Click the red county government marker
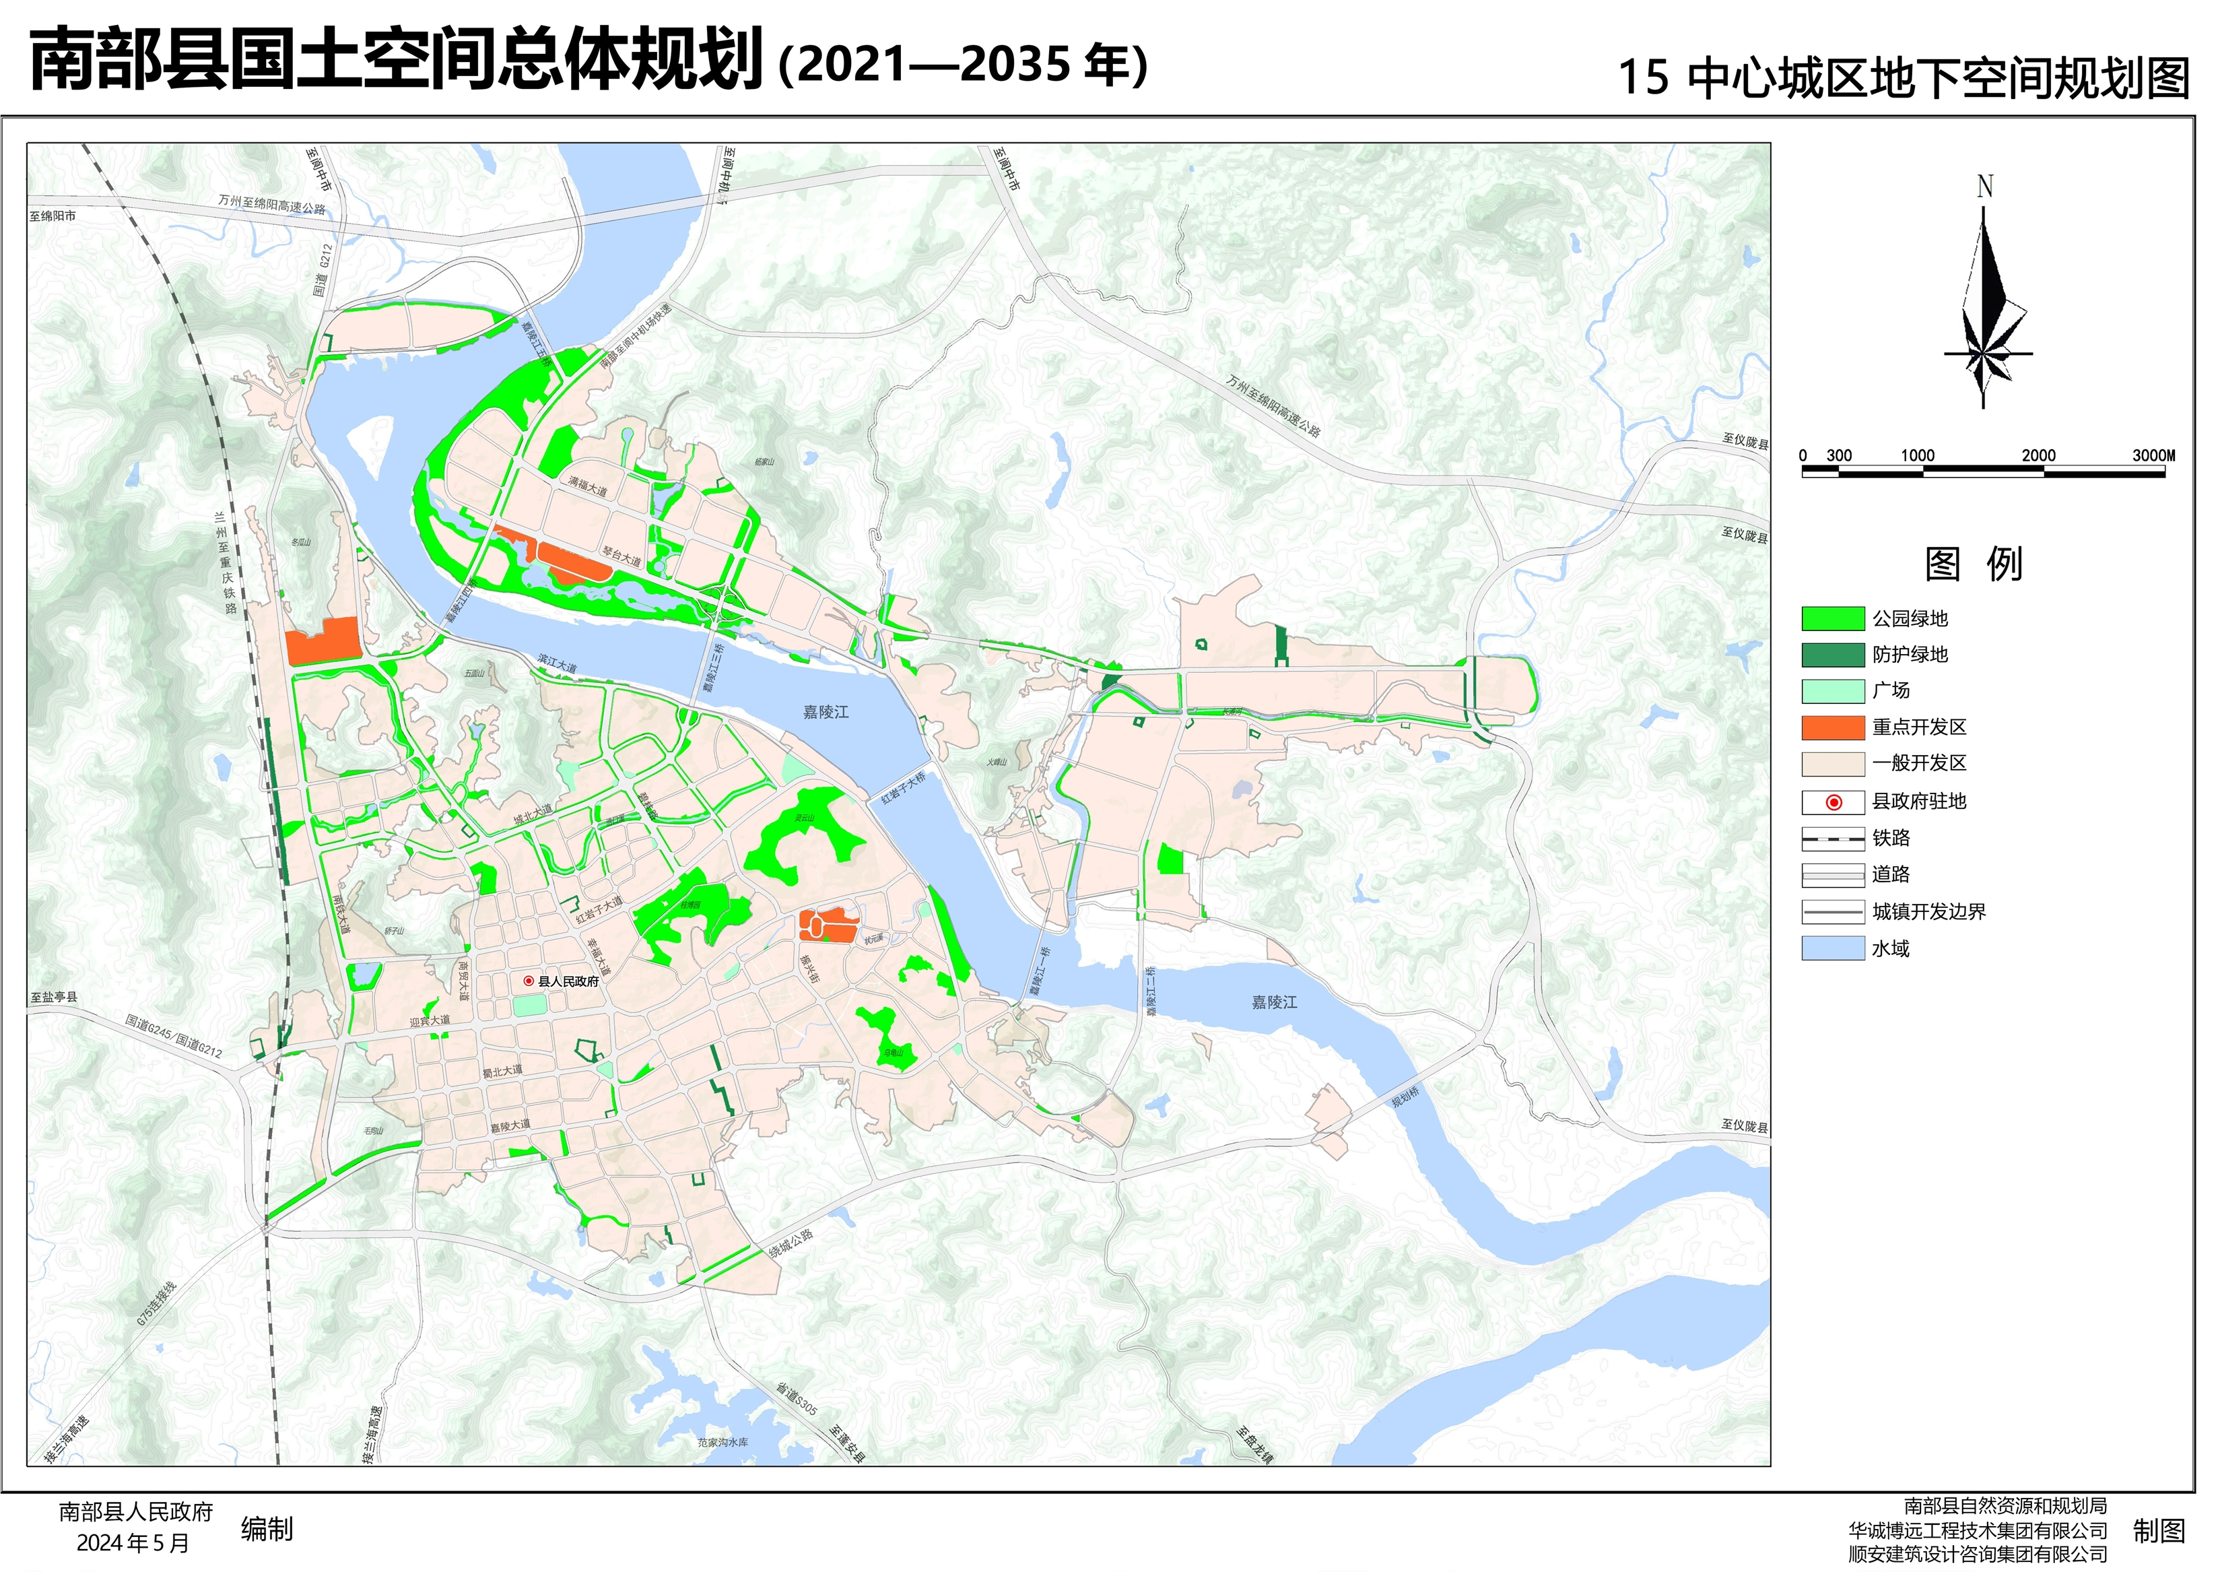[529, 981]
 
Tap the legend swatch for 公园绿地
[1832, 618]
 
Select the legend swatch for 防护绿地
[1832, 655]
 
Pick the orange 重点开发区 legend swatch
[1832, 727]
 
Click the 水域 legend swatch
[1832, 948]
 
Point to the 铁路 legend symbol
[1832, 839]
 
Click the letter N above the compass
[1984, 186]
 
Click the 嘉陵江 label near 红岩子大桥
[826, 711]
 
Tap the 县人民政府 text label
[568, 981]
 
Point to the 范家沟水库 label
[722, 1442]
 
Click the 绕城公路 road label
[790, 1244]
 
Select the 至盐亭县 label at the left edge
[54, 997]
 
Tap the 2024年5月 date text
[133, 1543]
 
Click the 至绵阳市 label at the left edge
[53, 216]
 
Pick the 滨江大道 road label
[558, 664]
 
